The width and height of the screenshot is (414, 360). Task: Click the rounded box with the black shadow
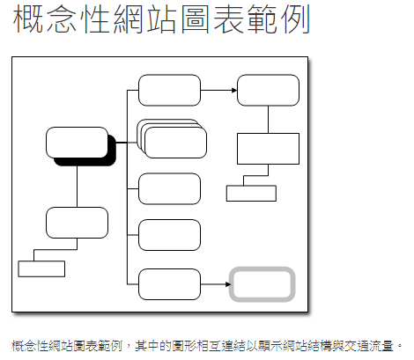coord(77,143)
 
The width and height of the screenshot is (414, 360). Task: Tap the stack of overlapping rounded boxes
coord(172,138)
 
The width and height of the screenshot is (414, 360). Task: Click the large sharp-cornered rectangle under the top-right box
coord(268,149)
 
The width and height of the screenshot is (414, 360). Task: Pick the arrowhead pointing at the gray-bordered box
coord(228,284)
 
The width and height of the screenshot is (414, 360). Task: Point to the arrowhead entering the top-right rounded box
coord(234,90)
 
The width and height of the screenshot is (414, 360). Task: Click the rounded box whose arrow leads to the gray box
coord(169,284)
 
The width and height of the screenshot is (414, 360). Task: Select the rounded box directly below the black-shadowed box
coord(77,223)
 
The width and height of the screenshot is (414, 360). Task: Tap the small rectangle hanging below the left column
coord(41,268)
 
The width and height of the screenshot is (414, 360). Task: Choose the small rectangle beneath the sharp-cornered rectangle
coord(251,193)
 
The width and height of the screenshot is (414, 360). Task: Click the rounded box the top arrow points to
coord(268,90)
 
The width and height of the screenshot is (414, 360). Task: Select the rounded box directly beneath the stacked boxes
coord(169,188)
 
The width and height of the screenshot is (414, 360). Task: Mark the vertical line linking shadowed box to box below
coord(77,187)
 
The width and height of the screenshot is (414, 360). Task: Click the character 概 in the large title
coord(28,18)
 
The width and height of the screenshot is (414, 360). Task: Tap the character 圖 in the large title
coord(196,18)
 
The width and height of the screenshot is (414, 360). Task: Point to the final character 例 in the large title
coord(295,18)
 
